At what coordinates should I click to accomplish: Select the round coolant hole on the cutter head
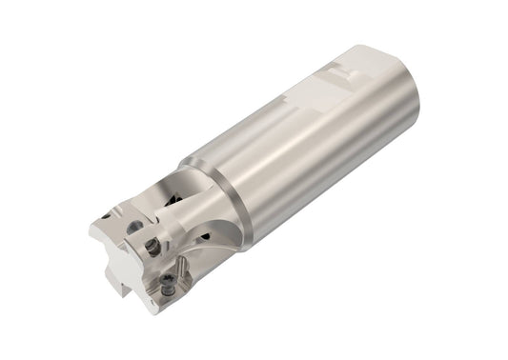(134, 226)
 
